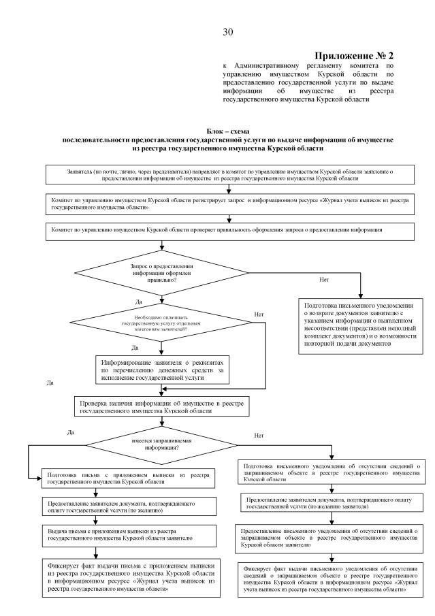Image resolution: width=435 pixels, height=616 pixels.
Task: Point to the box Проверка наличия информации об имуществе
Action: pos(161,407)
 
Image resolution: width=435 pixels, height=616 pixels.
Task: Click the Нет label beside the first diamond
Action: pos(324,279)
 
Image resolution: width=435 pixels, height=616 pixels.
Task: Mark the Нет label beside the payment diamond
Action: pos(258,314)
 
